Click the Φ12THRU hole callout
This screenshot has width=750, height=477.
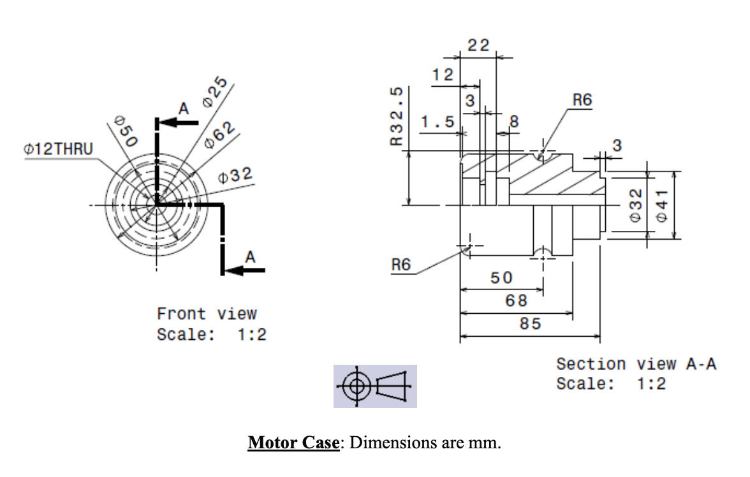(58, 149)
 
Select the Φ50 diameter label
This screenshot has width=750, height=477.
(122, 131)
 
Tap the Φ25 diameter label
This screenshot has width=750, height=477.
(216, 93)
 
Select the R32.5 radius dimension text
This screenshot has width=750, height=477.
(397, 116)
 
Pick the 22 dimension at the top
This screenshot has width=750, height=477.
(478, 45)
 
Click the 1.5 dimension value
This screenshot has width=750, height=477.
(437, 121)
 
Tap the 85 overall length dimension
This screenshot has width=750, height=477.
(530, 324)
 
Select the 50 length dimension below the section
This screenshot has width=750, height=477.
(501, 278)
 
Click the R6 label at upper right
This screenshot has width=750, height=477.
(582, 100)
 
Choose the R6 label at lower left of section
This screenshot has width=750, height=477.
(401, 265)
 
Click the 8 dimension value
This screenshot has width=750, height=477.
(515, 121)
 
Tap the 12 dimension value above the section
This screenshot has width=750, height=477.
(442, 75)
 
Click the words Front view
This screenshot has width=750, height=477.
(207, 314)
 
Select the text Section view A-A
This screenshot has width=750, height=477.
(636, 364)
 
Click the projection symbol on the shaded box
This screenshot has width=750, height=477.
(374, 386)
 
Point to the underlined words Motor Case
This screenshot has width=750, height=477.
(293, 442)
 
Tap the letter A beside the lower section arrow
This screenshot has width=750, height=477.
(250, 257)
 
